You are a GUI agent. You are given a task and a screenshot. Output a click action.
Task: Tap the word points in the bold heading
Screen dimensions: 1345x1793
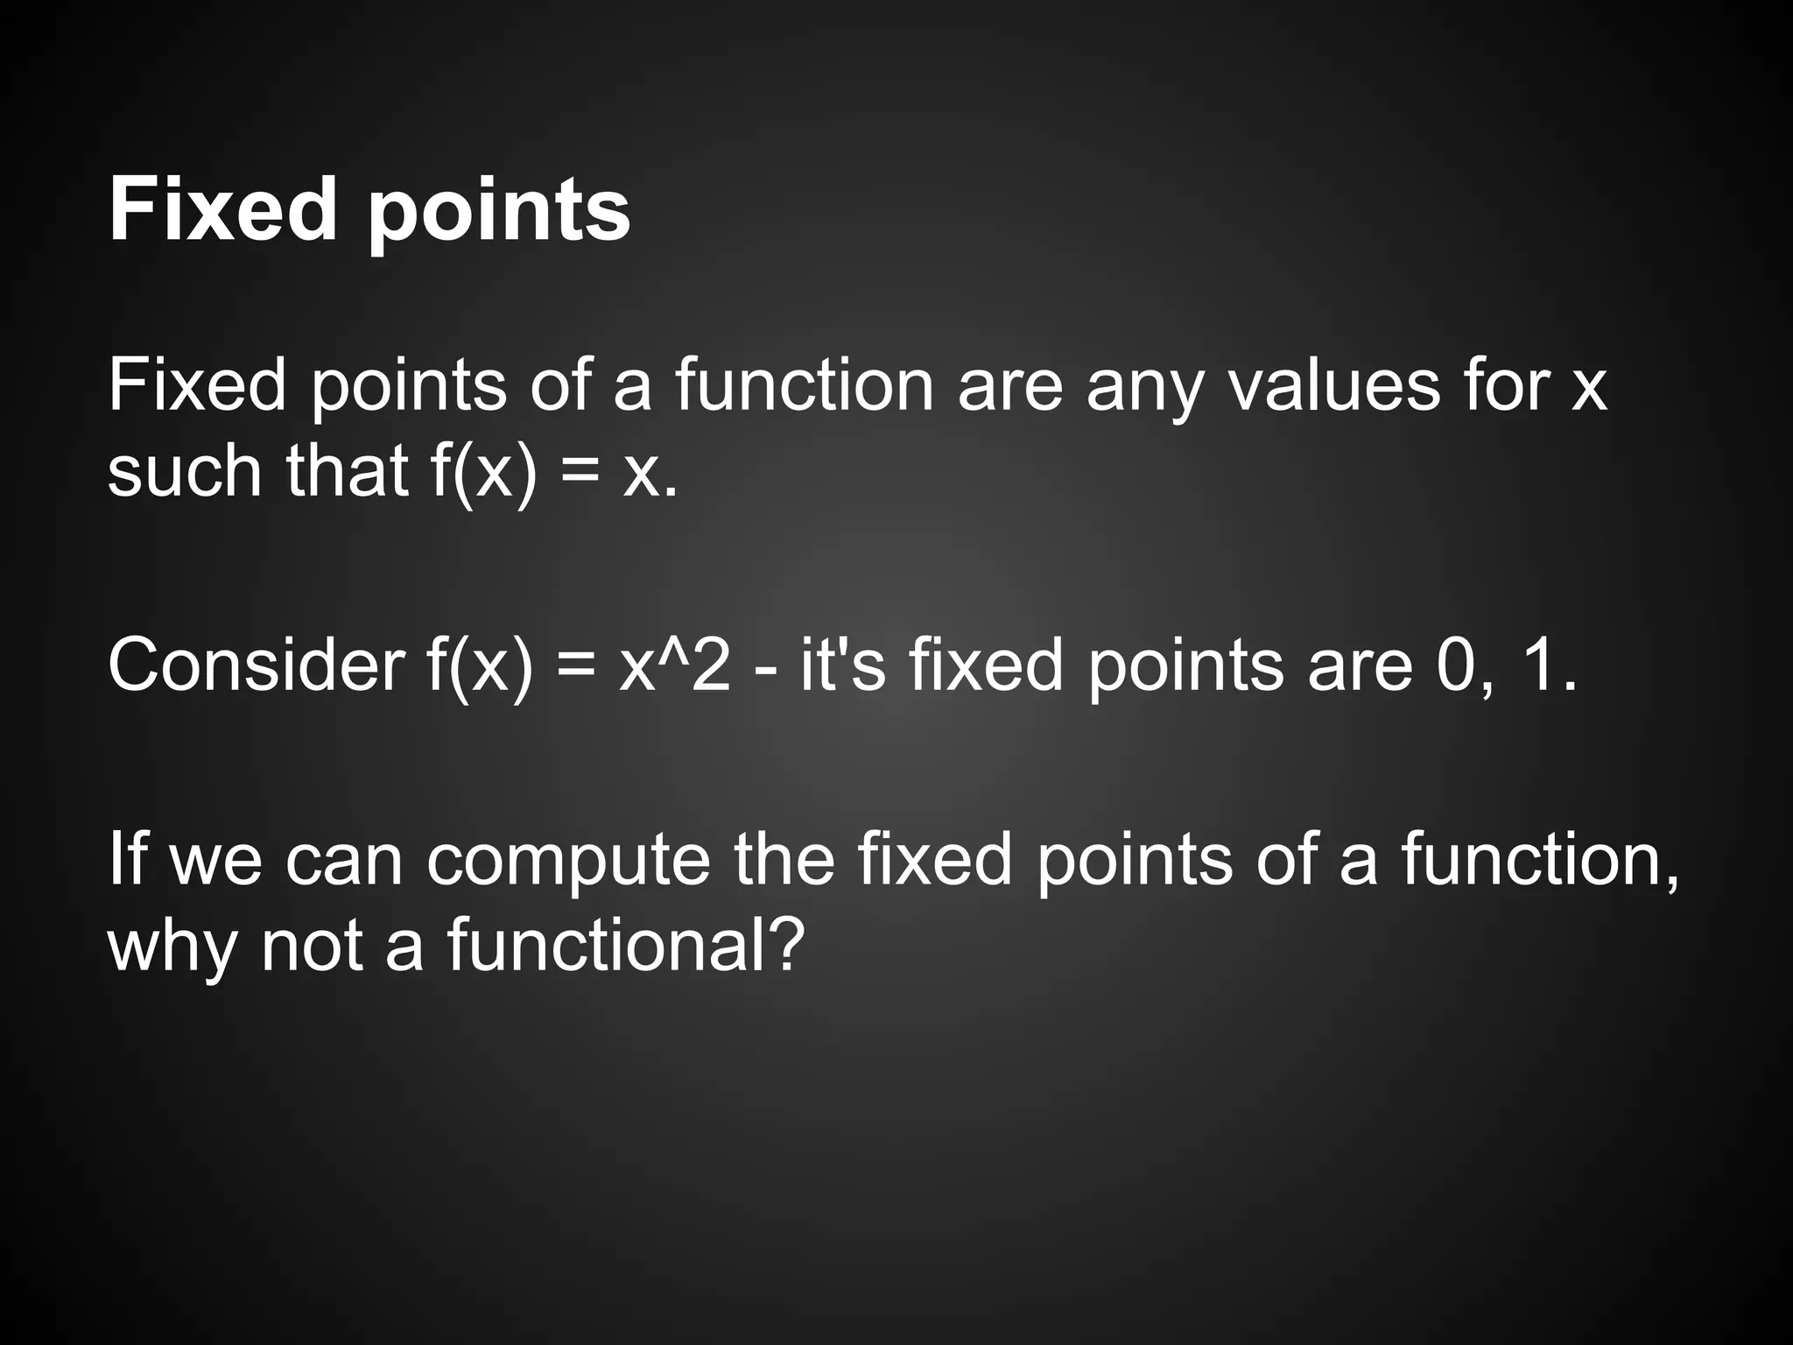499,215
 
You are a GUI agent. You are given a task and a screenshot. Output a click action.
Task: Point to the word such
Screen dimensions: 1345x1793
185,473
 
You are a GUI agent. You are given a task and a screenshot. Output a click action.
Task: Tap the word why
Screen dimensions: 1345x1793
172,950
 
